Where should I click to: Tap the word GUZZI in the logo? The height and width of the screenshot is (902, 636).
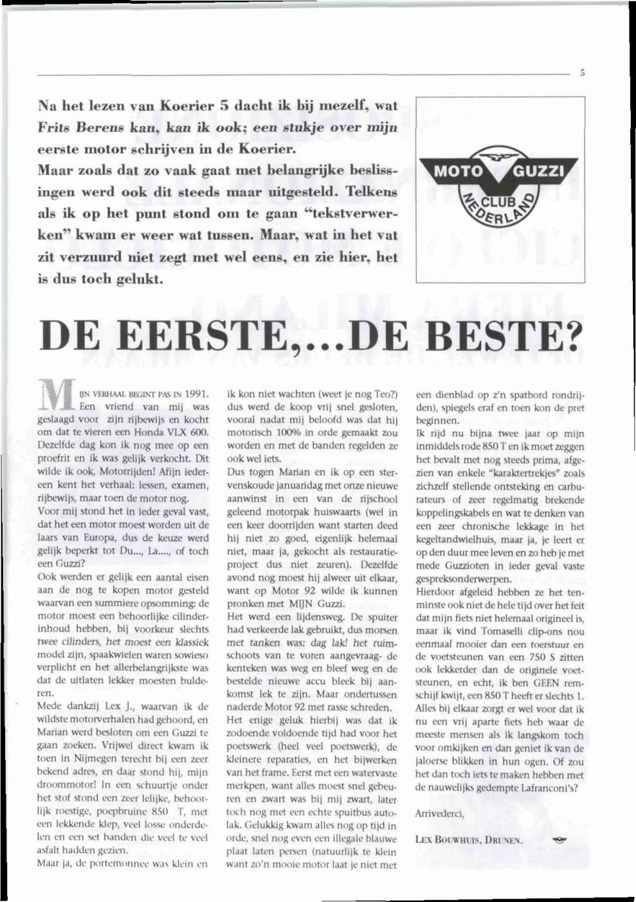pos(541,172)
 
